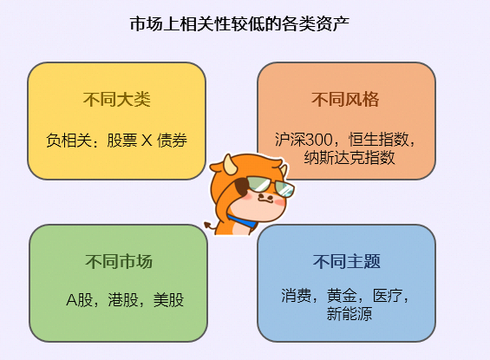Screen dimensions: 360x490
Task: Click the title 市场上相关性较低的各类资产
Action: pyautogui.click(x=245, y=23)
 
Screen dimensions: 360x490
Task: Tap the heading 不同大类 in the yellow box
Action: pyautogui.click(x=117, y=99)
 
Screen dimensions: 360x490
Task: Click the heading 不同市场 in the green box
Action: pyautogui.click(x=119, y=261)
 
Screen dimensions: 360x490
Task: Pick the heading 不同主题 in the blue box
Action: pyautogui.click(x=346, y=261)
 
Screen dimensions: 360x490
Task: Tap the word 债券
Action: pyautogui.click(x=172, y=140)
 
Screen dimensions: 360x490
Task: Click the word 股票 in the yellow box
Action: pyautogui.click(x=121, y=140)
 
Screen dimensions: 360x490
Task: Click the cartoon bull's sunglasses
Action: pyautogui.click(x=268, y=185)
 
